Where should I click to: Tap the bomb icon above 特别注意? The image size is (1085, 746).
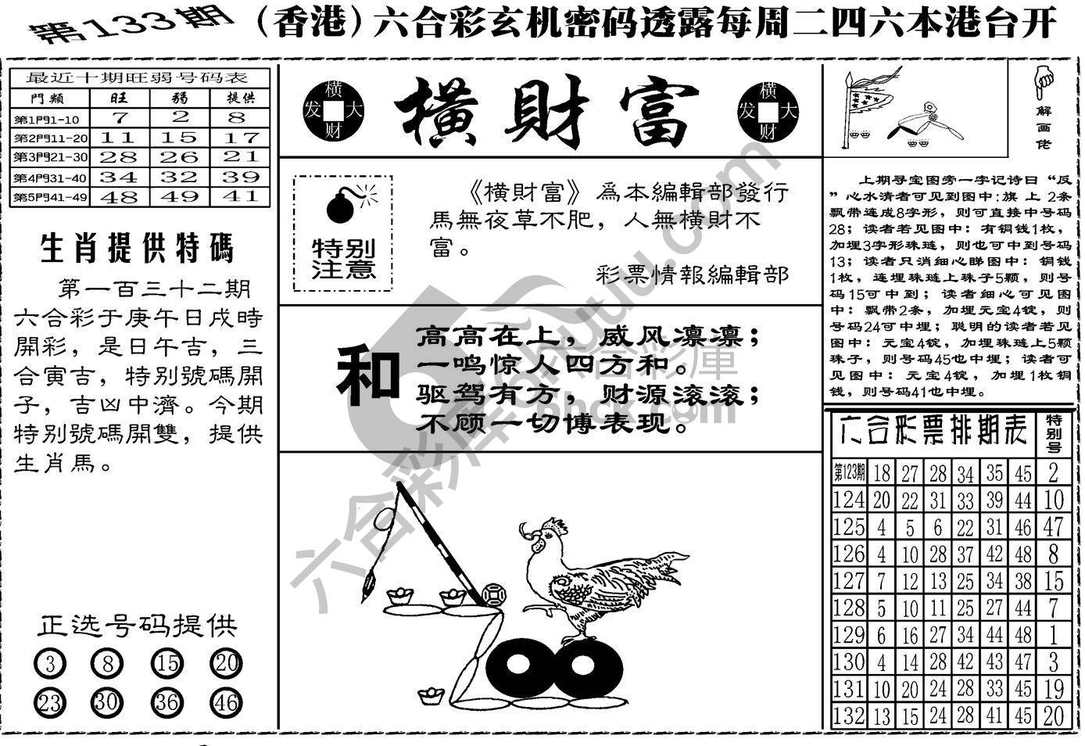tap(341, 205)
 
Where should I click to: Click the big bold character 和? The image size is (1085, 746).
tap(367, 377)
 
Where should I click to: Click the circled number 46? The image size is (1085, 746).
tap(226, 702)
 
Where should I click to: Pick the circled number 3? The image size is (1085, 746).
tap(50, 665)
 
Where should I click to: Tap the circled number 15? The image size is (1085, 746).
tap(167, 665)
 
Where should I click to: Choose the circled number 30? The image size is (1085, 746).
tap(106, 702)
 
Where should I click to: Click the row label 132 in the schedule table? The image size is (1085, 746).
tap(848, 716)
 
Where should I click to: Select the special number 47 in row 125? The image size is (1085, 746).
tap(1054, 526)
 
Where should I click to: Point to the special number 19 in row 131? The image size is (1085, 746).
tap(1054, 689)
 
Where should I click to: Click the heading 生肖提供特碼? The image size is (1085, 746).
tap(137, 249)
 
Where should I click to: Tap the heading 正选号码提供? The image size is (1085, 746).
tap(137, 626)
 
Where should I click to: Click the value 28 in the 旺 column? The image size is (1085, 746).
tap(119, 157)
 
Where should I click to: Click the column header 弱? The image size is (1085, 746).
tap(180, 99)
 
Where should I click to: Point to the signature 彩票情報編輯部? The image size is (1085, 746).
tap(692, 274)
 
